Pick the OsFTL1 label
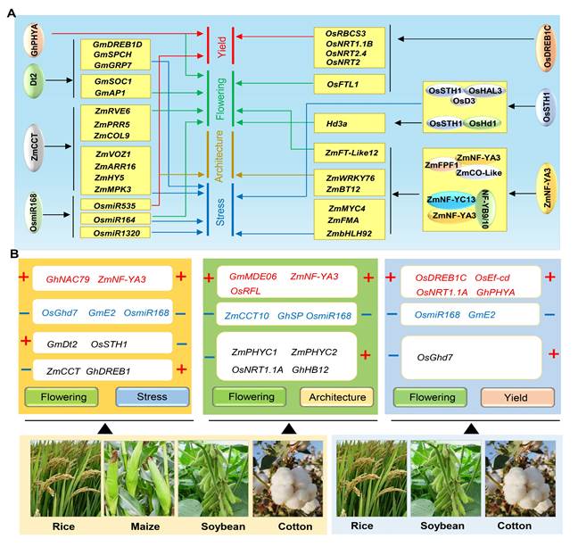click(x=343, y=84)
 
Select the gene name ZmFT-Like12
click(x=347, y=153)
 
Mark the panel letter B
click(x=14, y=254)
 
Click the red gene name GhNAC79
click(x=69, y=280)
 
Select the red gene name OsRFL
click(x=245, y=291)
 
